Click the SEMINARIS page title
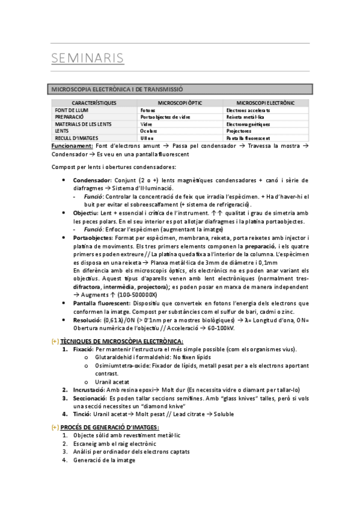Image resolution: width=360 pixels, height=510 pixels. click(x=88, y=58)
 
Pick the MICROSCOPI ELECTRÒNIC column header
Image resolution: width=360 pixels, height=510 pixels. click(x=266, y=103)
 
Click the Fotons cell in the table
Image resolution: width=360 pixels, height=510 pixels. click(x=147, y=111)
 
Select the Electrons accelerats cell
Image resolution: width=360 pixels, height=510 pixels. click(x=248, y=111)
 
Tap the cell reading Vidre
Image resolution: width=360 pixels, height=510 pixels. click(x=146, y=124)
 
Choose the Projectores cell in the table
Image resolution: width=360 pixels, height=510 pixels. click(x=239, y=131)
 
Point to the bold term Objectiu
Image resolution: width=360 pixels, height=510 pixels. click(x=86, y=213)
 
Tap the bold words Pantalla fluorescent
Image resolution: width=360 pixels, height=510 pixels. click(x=102, y=303)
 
